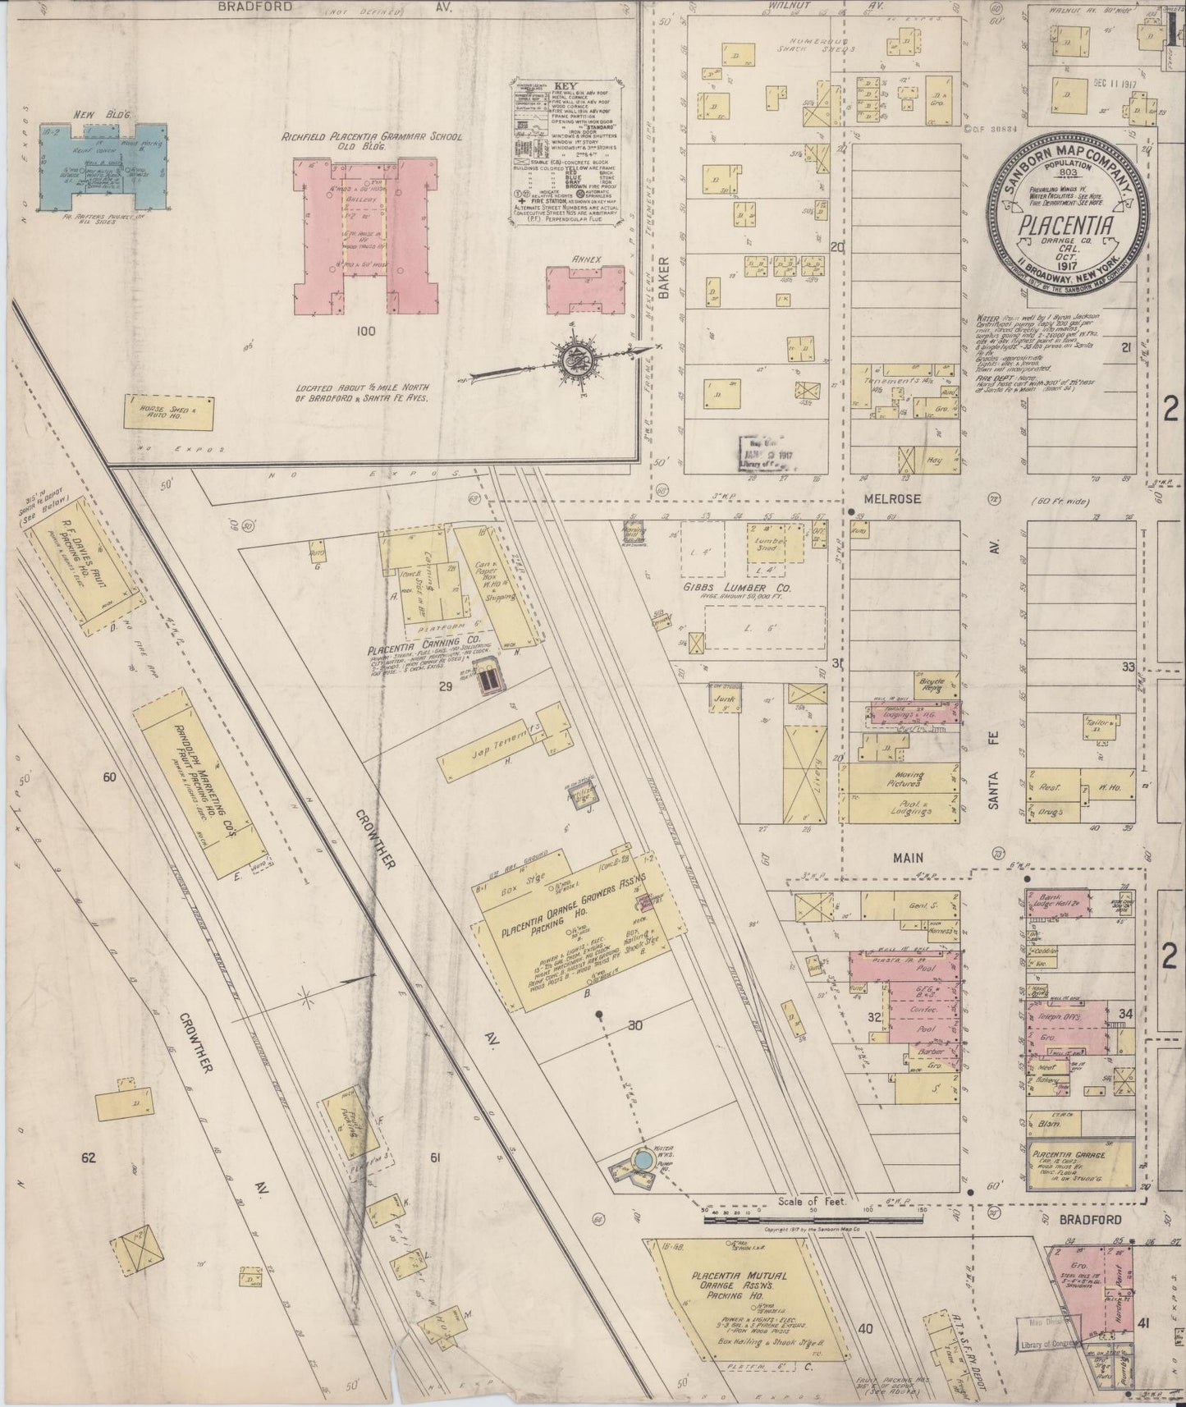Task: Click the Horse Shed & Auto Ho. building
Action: point(169,412)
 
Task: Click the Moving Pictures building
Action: point(903,777)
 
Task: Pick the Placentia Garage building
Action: point(1080,1165)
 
